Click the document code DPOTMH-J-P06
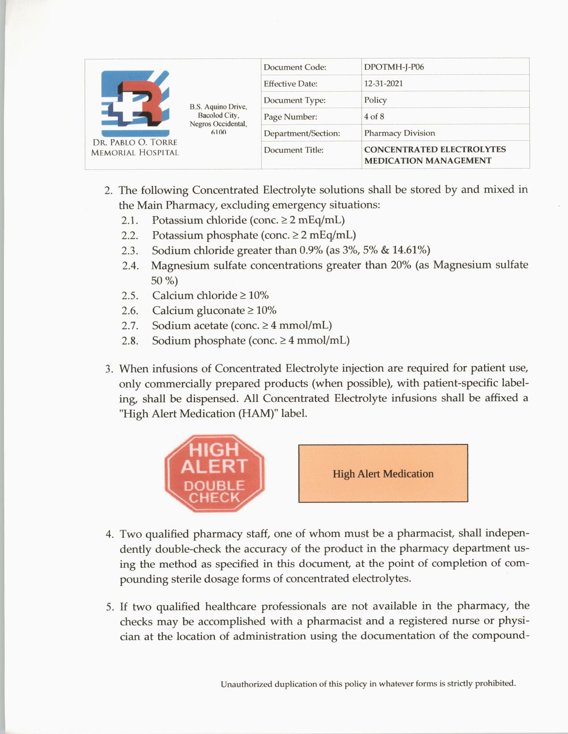pyautogui.click(x=394, y=67)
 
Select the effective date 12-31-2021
pyautogui.click(x=383, y=84)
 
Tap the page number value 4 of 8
pyautogui.click(x=374, y=117)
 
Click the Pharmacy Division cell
pyautogui.click(x=399, y=133)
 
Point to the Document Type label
pyautogui.click(x=294, y=101)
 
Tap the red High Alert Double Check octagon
pyautogui.click(x=214, y=473)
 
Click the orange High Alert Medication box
pyautogui.click(x=383, y=473)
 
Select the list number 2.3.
pyautogui.click(x=130, y=251)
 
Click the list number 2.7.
pyautogui.click(x=130, y=326)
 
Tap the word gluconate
pyautogui.click(x=221, y=311)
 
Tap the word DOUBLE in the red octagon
pyautogui.click(x=214, y=486)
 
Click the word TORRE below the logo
pyautogui.click(x=163, y=142)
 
